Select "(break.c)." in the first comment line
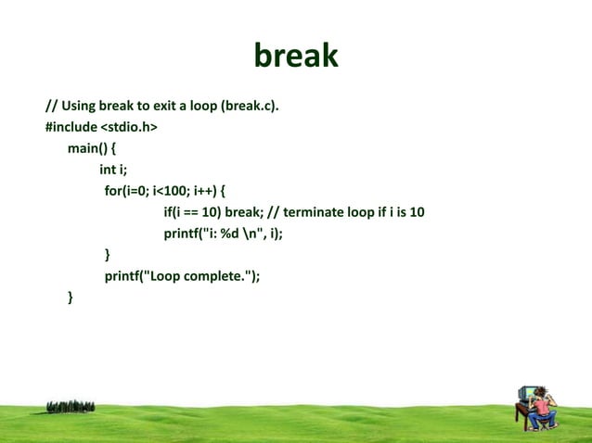coord(250,107)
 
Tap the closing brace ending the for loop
coord(107,254)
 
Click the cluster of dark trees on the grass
coord(70,406)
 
